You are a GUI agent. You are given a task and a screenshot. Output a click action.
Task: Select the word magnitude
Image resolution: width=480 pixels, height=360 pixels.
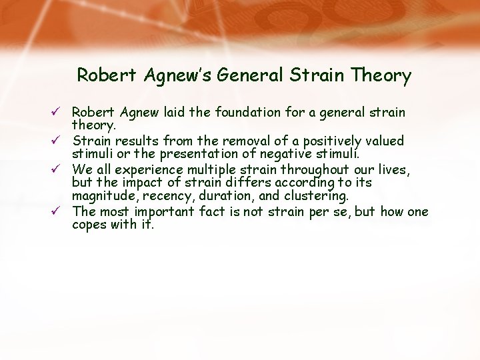click(x=106, y=197)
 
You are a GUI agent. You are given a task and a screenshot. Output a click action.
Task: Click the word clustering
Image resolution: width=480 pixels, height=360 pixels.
click(x=315, y=197)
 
